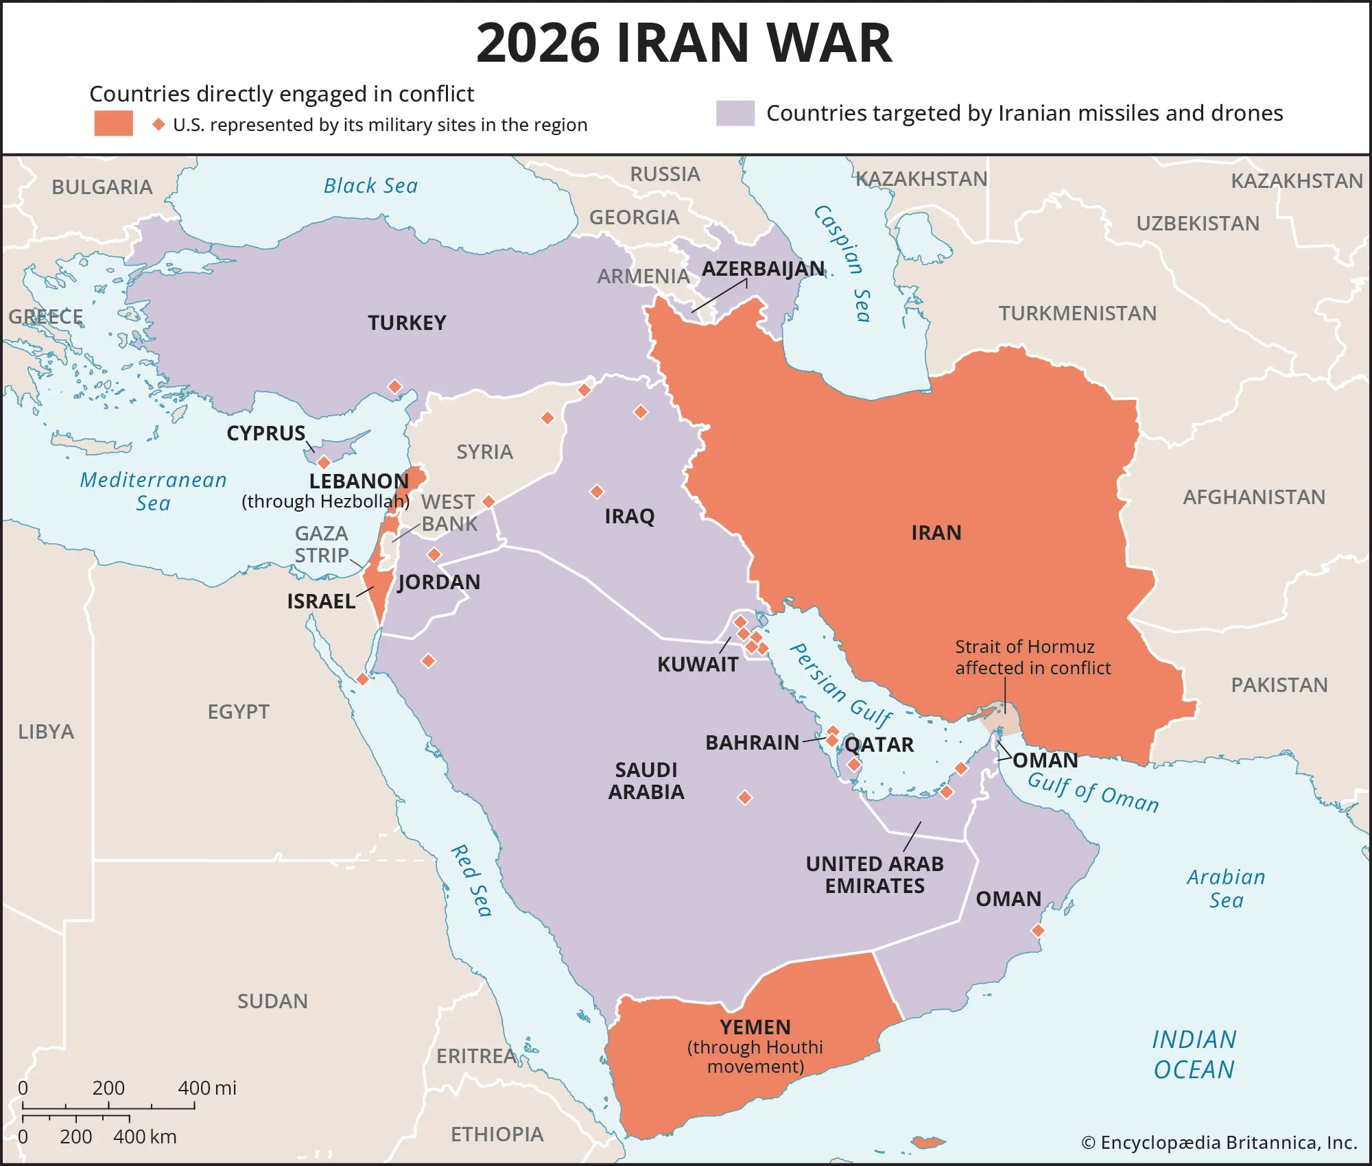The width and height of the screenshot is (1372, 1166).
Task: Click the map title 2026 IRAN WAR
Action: coord(684,43)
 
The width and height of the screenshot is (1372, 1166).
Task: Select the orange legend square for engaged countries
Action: coord(113,123)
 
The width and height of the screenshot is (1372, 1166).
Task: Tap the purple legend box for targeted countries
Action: coord(735,113)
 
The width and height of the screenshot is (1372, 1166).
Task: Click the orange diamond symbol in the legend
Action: coord(158,124)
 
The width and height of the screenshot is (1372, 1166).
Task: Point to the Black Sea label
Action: coord(370,186)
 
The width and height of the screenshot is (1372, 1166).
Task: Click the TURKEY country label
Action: coord(407,322)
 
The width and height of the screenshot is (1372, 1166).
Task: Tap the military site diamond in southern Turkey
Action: coord(394,387)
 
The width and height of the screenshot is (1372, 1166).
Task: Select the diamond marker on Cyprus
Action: coord(324,462)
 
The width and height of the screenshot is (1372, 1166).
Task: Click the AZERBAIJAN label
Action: coord(763,269)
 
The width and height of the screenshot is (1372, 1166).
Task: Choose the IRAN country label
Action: coord(936,533)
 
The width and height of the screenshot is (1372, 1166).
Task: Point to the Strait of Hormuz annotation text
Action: coord(1032,657)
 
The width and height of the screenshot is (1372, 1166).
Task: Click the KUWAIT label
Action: coord(697,664)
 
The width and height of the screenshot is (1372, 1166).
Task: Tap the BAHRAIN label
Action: coord(752,742)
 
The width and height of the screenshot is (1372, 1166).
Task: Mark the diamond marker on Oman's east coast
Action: coord(1038,931)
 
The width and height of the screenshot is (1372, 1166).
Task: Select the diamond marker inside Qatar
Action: coord(853,764)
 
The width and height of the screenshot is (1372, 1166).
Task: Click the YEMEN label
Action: coord(755,1027)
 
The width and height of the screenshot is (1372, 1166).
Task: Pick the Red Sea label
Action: coord(471,881)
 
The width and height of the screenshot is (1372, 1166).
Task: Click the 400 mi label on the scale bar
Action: coord(206,1088)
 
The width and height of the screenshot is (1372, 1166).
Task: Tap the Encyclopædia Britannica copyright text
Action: coord(1219,1143)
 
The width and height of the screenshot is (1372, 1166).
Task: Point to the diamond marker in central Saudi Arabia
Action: coord(744,798)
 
